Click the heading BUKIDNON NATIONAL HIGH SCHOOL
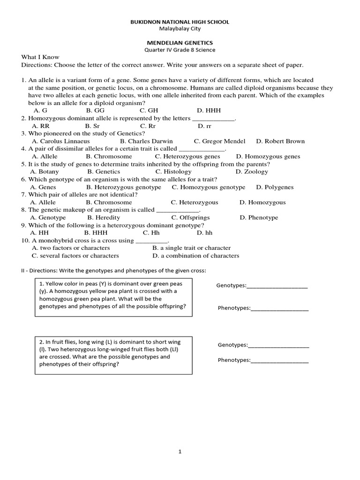click(180, 22)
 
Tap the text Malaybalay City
click(180, 29)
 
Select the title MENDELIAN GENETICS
click(180, 43)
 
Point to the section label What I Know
click(40, 57)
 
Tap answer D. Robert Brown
click(280, 141)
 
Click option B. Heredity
click(104, 217)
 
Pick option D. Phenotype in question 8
click(259, 217)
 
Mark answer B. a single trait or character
click(191, 248)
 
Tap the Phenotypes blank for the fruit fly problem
click(279, 361)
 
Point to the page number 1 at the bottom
click(180, 452)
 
